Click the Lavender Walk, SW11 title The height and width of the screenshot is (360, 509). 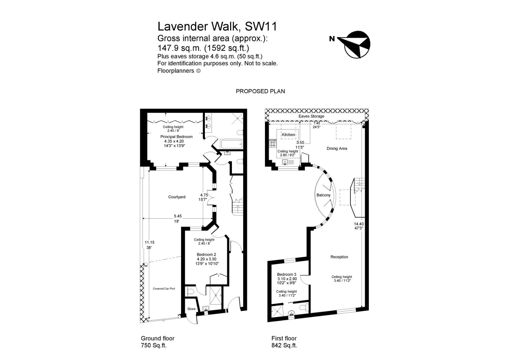point(217,26)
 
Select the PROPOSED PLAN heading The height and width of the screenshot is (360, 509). point(260,91)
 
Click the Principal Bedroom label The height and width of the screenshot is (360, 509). point(176,137)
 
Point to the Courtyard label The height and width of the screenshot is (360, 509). point(177,197)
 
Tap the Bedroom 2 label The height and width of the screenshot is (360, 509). point(206,255)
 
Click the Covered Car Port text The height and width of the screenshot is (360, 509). point(164,289)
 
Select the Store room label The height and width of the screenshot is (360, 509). point(191,309)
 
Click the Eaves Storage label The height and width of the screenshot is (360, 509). point(311,116)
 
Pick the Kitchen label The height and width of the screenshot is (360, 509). point(288,135)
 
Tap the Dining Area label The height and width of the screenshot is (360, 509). point(337,148)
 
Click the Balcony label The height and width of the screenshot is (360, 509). point(323,195)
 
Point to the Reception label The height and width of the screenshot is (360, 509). point(339,257)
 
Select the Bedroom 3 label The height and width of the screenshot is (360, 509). point(286,274)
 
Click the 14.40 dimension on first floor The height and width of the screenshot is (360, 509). point(359,224)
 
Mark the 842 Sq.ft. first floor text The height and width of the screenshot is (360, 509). point(284,346)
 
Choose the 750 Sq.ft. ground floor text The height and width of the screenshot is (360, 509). point(154,346)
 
